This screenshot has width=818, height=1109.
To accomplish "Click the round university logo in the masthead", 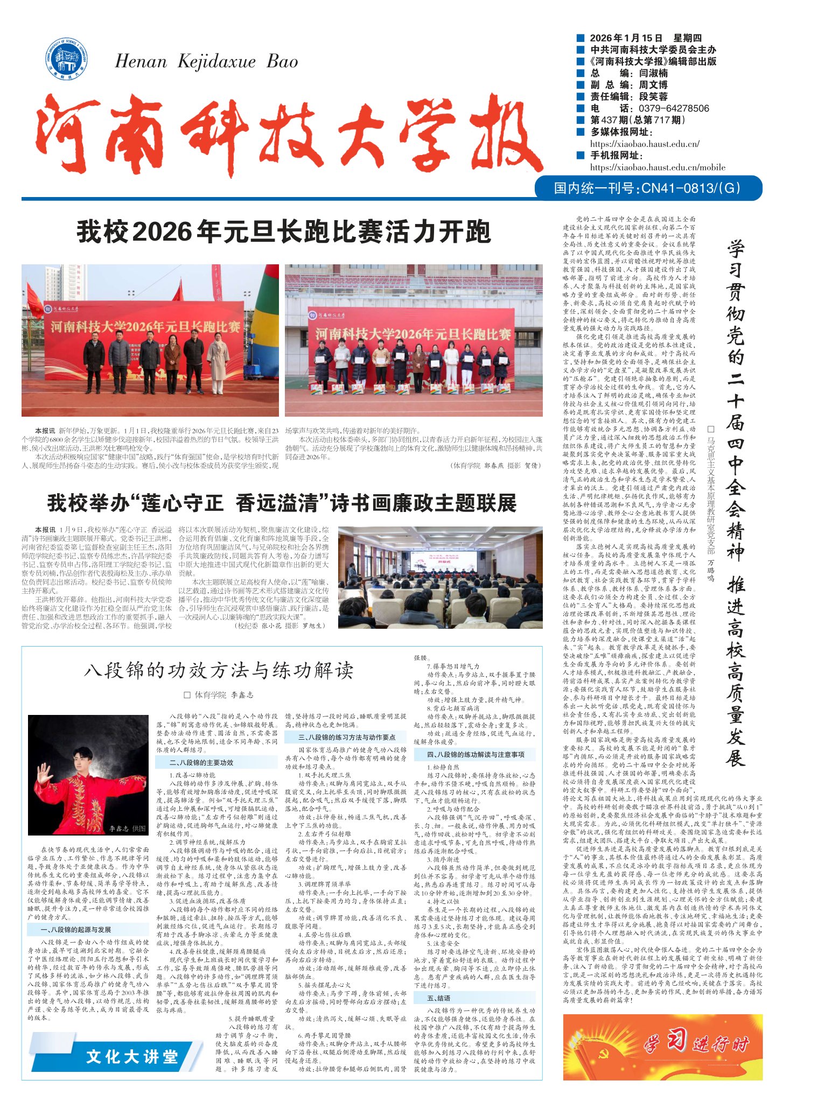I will pos(67,60).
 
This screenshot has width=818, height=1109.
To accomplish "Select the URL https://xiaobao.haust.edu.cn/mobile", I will pos(658,167).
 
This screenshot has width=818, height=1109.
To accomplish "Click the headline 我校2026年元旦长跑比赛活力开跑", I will pos(283,232).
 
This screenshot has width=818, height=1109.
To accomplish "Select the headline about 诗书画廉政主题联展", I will pos(282,503).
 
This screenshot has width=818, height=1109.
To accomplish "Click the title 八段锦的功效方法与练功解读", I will pos(219,670).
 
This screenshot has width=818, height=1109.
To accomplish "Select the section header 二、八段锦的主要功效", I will pos(201,763).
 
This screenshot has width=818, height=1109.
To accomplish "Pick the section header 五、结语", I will pos(439,998).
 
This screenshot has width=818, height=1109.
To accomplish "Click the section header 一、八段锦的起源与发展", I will pos(76,930).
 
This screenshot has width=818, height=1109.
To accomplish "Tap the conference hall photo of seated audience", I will pos(440,577).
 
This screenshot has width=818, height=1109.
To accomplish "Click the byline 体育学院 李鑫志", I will pos(219,695).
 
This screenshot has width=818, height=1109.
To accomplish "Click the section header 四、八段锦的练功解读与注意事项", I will pos(476,754).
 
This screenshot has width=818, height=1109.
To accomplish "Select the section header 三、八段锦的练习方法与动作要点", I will pos(347,737).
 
